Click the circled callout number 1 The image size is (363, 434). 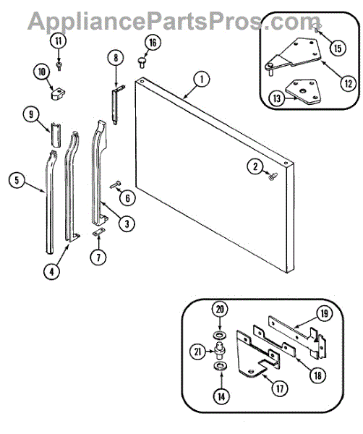[x=202, y=80]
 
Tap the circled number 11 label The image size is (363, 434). [x=59, y=41]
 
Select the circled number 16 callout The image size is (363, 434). [x=153, y=43]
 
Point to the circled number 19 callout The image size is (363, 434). [x=324, y=314]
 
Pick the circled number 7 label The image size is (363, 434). [x=98, y=258]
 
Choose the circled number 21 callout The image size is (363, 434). [x=198, y=352]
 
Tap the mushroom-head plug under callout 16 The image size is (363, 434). [x=142, y=62]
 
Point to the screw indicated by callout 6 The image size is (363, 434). [x=116, y=184]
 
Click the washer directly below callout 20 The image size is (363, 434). [x=220, y=336]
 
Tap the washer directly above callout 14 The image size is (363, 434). [x=221, y=367]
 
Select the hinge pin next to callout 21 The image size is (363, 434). [x=219, y=351]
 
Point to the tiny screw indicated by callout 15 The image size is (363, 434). [x=317, y=27]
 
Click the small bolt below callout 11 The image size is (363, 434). [x=59, y=67]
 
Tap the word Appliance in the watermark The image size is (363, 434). [x=88, y=21]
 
